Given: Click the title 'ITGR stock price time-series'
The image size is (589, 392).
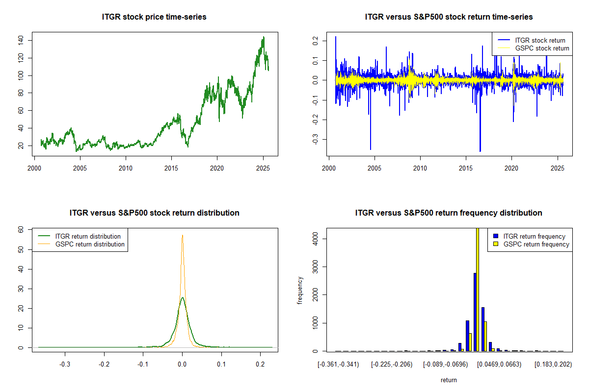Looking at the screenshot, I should pos(154,17).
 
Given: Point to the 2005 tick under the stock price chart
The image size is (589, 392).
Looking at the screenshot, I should pos(80,166).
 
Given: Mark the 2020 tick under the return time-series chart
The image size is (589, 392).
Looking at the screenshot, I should pos(511,166).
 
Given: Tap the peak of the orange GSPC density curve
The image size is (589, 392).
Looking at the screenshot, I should pos(182,235).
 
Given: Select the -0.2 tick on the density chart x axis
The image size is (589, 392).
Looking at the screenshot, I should pos(104,365).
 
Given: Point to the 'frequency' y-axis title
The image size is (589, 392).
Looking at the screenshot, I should pos(300,290).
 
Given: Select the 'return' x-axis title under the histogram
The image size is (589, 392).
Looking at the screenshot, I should pos(449,380).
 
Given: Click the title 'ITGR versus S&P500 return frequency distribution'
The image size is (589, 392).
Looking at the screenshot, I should pos(449,213).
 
